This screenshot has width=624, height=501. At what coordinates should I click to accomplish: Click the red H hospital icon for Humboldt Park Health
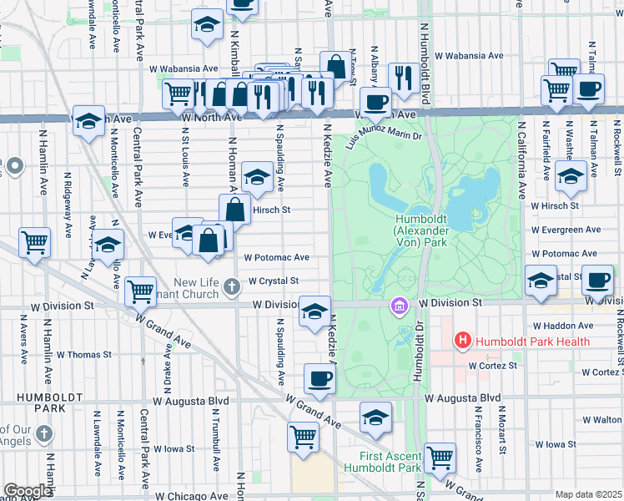[461, 341]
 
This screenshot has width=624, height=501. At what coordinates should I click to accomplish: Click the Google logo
[28, 491]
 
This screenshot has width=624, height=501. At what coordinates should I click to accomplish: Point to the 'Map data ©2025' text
[589, 494]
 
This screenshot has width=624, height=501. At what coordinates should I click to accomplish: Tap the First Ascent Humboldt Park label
[390, 462]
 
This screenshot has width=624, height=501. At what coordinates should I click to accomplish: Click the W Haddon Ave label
[563, 325]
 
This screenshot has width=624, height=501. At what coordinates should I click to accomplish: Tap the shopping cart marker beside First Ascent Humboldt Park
[440, 458]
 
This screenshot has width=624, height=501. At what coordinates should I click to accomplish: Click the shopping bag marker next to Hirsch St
[235, 210]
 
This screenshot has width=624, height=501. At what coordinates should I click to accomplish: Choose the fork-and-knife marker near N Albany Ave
[403, 78]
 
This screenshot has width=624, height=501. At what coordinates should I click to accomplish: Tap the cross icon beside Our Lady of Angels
[44, 435]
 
